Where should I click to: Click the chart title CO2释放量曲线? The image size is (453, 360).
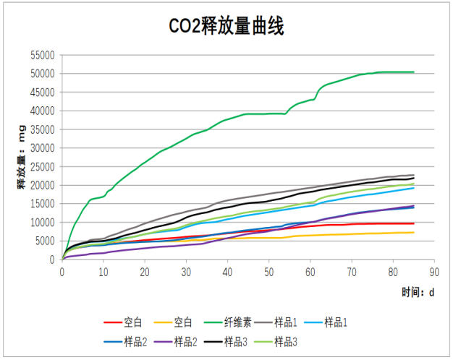point(226,26)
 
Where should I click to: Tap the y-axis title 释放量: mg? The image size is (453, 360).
point(23,157)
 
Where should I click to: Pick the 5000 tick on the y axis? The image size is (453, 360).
point(45,241)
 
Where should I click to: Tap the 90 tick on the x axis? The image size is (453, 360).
point(434,272)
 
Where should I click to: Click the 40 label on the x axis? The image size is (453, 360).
point(227,272)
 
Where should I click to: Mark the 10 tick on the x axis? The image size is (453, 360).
point(103,272)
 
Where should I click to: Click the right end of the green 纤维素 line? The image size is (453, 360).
point(413,72)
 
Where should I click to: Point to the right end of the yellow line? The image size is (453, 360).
point(413,232)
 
